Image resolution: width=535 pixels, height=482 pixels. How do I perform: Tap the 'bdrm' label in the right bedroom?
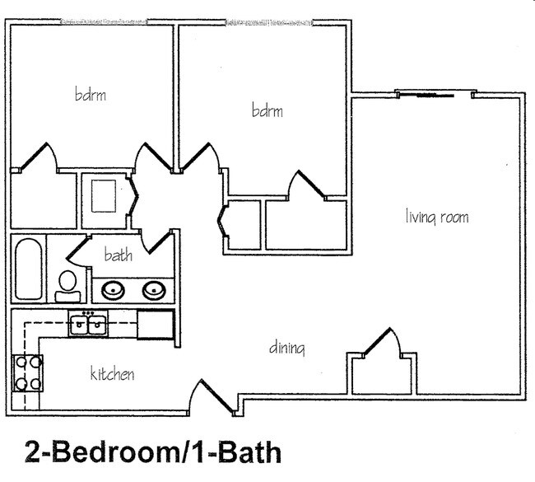[267, 110]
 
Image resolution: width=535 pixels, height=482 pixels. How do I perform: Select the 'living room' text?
[437, 218]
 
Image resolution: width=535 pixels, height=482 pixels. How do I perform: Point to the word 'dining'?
[287, 349]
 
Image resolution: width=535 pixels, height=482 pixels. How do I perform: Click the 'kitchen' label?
[112, 375]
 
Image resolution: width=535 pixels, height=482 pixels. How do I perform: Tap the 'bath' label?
[118, 255]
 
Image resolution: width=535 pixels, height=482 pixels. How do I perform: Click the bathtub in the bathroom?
[28, 269]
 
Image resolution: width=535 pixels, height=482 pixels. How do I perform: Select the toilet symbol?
[68, 285]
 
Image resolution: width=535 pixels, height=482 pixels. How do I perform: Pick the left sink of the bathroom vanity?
[113, 290]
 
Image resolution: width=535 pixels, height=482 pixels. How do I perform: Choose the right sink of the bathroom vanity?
[153, 290]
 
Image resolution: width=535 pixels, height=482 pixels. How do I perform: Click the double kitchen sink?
[89, 325]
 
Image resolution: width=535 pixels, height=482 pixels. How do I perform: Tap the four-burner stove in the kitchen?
[27, 372]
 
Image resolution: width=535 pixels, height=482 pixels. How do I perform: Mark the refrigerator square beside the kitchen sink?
[155, 325]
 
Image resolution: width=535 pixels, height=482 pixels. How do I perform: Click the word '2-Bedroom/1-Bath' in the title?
[152, 452]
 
